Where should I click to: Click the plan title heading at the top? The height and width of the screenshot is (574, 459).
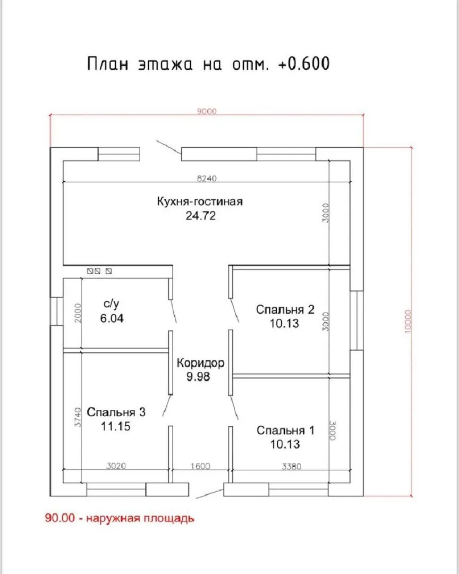click(208, 63)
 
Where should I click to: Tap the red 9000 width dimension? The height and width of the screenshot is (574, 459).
click(207, 111)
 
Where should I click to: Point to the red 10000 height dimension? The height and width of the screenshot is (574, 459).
click(408, 322)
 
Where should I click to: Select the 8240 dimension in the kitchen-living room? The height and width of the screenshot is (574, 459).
click(207, 178)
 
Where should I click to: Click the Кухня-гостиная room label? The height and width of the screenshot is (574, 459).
click(200, 201)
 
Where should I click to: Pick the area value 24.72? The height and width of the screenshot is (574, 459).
click(201, 216)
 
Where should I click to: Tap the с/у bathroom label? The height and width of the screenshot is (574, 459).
click(111, 304)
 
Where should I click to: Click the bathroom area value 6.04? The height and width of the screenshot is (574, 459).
click(112, 318)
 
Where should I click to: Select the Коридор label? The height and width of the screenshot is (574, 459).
click(200, 363)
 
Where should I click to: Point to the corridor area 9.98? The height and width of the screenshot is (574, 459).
click(198, 377)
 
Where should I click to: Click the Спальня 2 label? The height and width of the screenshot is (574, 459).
click(285, 309)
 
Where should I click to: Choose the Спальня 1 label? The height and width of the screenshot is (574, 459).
click(285, 430)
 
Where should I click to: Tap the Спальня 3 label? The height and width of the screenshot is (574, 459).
click(116, 412)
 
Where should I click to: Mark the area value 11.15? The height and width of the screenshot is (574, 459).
click(116, 426)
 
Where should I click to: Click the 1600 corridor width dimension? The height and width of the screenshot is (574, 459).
click(200, 466)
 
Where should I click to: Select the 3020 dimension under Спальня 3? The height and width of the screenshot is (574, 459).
click(116, 466)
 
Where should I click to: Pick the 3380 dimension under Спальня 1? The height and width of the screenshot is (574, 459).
click(292, 467)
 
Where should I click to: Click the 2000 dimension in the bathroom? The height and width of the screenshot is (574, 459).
click(78, 313)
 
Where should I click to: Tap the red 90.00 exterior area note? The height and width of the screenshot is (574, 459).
click(120, 518)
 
